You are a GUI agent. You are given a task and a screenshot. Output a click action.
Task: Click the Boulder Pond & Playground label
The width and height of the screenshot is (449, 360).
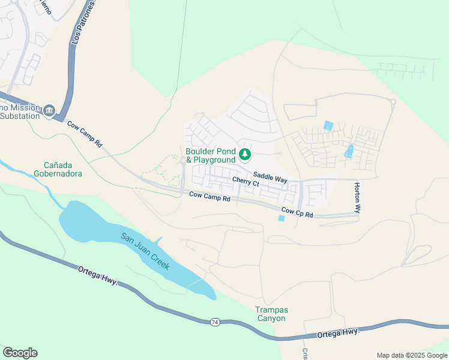coord(210,156)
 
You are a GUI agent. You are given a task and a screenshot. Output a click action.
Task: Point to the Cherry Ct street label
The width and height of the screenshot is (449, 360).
coord(245,182)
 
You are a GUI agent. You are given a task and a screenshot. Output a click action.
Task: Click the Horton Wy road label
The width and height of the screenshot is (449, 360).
coord(357,198)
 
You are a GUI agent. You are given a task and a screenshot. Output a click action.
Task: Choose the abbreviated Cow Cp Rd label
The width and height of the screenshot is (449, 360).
coord(297,212)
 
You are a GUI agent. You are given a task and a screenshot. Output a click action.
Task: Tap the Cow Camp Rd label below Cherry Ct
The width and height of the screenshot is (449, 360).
coord(209,196)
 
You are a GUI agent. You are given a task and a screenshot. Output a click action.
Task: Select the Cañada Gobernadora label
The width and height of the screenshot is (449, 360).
coord(62,169)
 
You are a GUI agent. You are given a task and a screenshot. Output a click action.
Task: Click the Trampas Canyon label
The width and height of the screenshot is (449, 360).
coord(272,314)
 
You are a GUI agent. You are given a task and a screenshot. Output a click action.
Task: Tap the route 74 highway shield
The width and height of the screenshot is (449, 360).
coord(214,322)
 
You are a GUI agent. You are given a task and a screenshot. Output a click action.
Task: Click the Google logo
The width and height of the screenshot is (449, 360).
coord(20,352)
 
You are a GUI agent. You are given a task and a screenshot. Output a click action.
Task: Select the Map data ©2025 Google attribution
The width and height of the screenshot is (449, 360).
coord(411,355)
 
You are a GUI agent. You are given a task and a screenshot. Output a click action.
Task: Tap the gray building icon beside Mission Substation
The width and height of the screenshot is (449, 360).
coord(49,110)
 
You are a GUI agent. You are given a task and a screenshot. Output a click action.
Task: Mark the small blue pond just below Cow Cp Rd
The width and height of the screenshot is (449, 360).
coord(282,218)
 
